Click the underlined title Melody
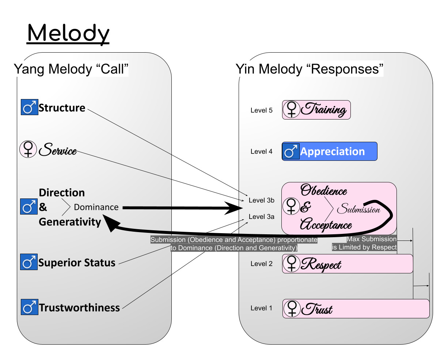(x=68, y=34)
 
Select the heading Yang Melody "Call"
(x=71, y=69)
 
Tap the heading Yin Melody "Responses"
(x=310, y=69)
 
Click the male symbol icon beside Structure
(x=29, y=107)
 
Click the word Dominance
(x=96, y=207)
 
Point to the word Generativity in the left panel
(x=70, y=222)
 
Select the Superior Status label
(x=77, y=263)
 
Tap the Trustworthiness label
(x=79, y=308)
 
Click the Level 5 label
(x=261, y=110)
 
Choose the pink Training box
(x=316, y=110)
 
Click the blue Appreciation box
(x=329, y=151)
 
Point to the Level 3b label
(x=261, y=200)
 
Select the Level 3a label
(x=261, y=217)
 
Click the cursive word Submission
(x=358, y=209)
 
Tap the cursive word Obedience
(x=324, y=190)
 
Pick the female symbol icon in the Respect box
(x=292, y=264)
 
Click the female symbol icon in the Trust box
(x=292, y=308)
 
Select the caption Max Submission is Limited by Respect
(x=364, y=243)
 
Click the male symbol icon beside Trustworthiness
(x=29, y=307)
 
